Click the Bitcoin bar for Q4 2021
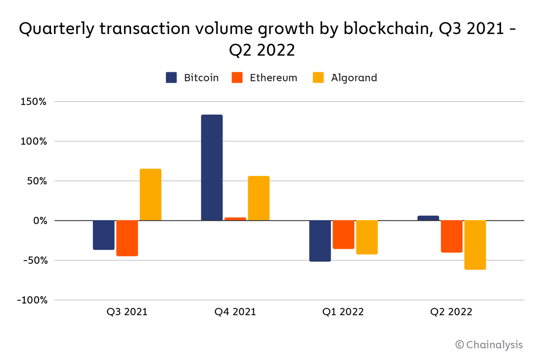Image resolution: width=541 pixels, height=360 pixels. pyautogui.click(x=212, y=168)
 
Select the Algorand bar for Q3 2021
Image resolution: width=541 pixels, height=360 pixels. pyautogui.click(x=150, y=195)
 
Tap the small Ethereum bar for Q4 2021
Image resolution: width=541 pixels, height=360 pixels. pyautogui.click(x=235, y=219)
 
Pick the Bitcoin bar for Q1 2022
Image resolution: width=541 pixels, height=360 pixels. pyautogui.click(x=320, y=241)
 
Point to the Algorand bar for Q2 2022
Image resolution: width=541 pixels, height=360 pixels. pyautogui.click(x=475, y=245)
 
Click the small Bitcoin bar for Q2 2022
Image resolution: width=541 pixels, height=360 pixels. pyautogui.click(x=428, y=218)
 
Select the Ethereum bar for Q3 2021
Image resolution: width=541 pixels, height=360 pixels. pyautogui.click(x=127, y=238)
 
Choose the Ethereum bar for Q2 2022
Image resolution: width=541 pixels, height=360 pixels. pyautogui.click(x=452, y=236)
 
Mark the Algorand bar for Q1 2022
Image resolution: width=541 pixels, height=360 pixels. pyautogui.click(x=367, y=237)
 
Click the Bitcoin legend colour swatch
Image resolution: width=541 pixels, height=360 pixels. pyautogui.click(x=171, y=78)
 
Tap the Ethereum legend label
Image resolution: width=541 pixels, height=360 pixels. pyautogui.click(x=273, y=78)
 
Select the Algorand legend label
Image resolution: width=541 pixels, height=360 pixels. pyautogui.click(x=354, y=78)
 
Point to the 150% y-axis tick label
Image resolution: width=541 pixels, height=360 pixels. pyautogui.click(x=34, y=102)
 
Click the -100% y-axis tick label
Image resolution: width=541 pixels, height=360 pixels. pyautogui.click(x=32, y=300)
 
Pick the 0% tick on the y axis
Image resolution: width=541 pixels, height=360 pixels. pyautogui.click(x=40, y=221)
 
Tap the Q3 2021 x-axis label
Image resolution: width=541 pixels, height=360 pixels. pyautogui.click(x=127, y=312)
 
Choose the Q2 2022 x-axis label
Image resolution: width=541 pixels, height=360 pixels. pyautogui.click(x=451, y=312)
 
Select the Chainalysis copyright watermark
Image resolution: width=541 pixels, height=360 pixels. pyautogui.click(x=489, y=345)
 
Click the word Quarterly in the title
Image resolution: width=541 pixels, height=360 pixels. pyautogui.click(x=57, y=29)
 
